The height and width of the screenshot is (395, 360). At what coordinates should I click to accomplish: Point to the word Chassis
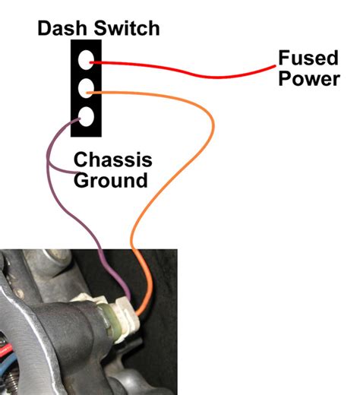pos(112,160)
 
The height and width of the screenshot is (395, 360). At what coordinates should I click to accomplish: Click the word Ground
pos(110,181)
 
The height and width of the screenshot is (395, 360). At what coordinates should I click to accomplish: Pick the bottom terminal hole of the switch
pos(87,118)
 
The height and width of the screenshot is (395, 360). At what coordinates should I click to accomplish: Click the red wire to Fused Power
pos(190,74)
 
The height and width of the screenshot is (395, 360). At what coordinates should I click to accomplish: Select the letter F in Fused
pos(283,58)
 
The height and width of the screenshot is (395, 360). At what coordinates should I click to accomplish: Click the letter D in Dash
pos(45,29)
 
